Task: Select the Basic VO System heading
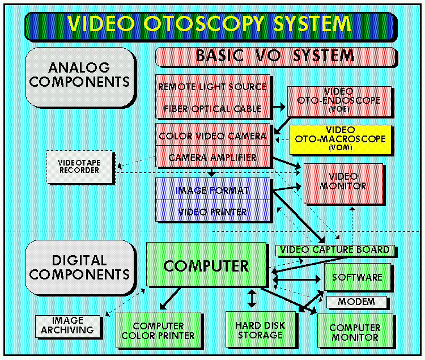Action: (x=275, y=56)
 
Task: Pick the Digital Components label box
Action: (x=79, y=268)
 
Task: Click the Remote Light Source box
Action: (x=212, y=87)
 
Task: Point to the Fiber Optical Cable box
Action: (x=212, y=108)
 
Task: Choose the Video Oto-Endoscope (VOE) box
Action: (x=339, y=100)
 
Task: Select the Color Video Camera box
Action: (x=212, y=136)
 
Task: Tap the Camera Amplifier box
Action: (x=212, y=157)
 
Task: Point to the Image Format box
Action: (x=212, y=190)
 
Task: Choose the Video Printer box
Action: (x=212, y=211)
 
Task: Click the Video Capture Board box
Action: (x=335, y=249)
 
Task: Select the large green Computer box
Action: (x=206, y=265)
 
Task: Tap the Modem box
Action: (x=356, y=302)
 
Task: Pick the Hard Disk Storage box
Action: (x=260, y=330)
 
